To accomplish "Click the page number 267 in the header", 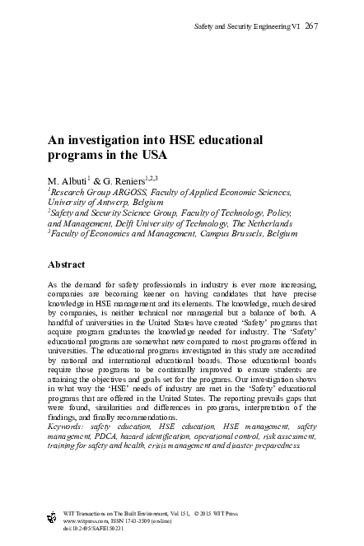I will (x=311, y=26).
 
